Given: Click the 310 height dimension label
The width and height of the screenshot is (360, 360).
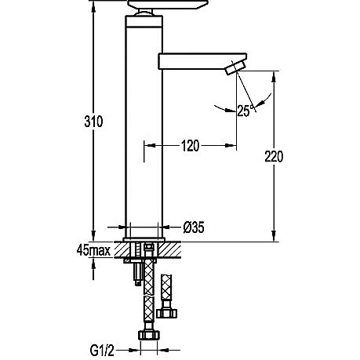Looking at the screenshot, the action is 93,122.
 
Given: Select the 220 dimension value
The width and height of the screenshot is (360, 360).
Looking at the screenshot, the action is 274,157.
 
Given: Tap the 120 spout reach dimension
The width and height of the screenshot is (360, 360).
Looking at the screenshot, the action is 190,146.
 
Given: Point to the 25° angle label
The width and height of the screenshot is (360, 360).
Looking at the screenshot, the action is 245,111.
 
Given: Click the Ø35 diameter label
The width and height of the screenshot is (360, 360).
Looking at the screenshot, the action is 194,227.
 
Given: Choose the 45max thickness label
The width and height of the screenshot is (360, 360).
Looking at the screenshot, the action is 93,250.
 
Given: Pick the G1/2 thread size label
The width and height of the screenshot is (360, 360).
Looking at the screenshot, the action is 102,351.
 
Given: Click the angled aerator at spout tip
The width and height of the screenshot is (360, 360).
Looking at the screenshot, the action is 236,67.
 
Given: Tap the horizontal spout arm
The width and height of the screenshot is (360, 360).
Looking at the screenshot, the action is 202,61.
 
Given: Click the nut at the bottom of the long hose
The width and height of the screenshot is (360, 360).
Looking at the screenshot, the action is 148,335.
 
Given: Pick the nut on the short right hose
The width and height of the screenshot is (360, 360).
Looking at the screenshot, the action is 166,313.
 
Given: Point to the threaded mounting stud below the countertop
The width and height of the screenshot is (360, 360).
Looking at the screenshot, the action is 138,273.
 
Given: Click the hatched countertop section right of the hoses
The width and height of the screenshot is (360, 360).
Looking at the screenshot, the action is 169,249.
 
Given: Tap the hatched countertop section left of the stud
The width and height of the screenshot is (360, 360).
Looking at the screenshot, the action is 122,249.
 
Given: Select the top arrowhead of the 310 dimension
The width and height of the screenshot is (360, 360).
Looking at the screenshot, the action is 93,5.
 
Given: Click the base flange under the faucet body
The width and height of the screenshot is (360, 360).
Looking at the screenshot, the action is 144,239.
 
